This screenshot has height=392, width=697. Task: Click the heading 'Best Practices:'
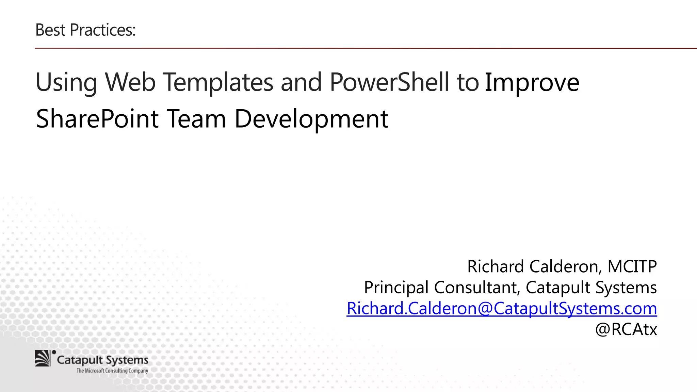click(x=85, y=30)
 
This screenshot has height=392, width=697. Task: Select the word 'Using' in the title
click(x=66, y=83)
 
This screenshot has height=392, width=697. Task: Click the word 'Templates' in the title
click(x=218, y=83)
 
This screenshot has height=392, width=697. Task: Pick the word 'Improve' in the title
click(x=532, y=83)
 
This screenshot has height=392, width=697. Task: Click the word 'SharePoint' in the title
click(x=97, y=119)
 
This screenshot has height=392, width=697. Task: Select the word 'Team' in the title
click(x=196, y=119)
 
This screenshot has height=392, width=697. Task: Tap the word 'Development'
click(x=311, y=119)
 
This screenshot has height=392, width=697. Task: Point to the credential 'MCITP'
click(x=632, y=266)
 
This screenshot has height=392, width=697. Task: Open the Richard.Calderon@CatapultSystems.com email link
click(x=502, y=309)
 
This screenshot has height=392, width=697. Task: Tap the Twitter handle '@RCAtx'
click(x=626, y=329)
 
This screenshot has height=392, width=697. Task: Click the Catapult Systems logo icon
click(x=43, y=358)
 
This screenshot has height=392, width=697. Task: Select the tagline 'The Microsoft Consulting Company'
click(x=112, y=371)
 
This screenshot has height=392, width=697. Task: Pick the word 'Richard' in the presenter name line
click(x=495, y=266)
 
